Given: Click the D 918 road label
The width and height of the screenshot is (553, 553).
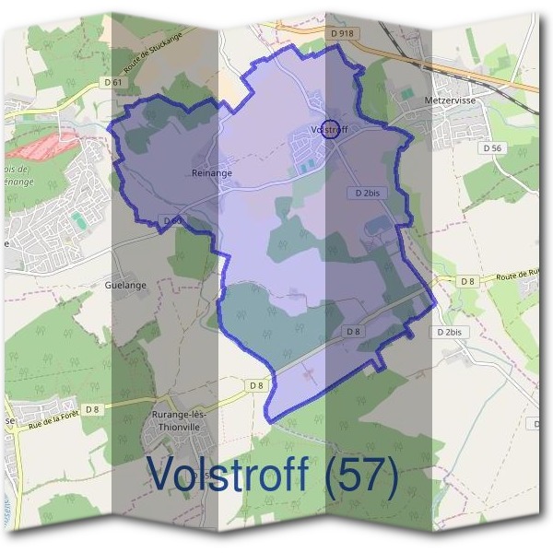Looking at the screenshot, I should (x=341, y=33).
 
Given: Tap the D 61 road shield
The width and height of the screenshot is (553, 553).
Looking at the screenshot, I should (x=114, y=82).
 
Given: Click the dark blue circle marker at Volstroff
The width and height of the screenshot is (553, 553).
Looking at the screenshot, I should (x=332, y=129).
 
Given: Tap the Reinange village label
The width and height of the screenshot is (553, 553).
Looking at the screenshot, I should (x=212, y=172).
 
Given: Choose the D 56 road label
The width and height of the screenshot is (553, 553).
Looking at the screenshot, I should (x=491, y=147).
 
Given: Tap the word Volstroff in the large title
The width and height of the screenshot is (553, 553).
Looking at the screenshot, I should (x=227, y=477).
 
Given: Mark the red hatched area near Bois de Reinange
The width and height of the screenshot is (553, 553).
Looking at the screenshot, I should (x=46, y=144).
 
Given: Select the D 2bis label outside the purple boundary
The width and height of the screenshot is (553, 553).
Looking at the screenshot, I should (x=452, y=331).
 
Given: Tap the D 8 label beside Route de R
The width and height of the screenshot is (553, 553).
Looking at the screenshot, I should (x=468, y=281).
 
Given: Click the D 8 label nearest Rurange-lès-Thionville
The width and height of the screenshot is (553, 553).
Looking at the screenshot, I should (x=256, y=384).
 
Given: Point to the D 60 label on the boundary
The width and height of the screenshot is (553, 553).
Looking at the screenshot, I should (x=171, y=220).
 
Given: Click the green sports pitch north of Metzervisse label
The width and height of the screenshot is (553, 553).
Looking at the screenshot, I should (x=407, y=93).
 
